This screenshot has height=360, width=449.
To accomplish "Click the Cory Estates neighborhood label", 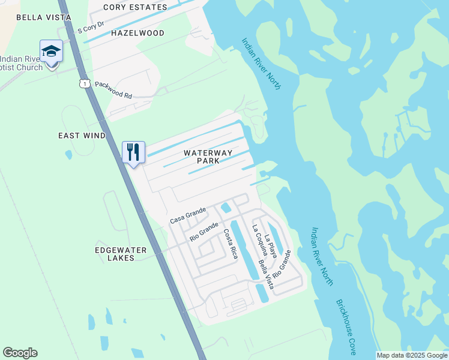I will [135, 7].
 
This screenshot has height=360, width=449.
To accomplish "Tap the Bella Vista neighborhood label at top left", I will [35, 17].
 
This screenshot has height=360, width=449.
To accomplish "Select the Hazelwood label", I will [137, 33].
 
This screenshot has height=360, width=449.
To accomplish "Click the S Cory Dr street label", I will [91, 30].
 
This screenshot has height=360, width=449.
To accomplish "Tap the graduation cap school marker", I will [52, 52].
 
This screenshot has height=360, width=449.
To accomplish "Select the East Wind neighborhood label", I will [82, 136].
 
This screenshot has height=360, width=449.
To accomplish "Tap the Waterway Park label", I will [208, 157].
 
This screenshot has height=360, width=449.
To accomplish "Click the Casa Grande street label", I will [188, 215].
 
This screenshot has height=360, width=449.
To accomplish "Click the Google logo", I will [20, 353].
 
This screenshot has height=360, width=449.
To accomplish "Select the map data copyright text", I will [412, 355].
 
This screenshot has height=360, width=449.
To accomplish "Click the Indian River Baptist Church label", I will [22, 63].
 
